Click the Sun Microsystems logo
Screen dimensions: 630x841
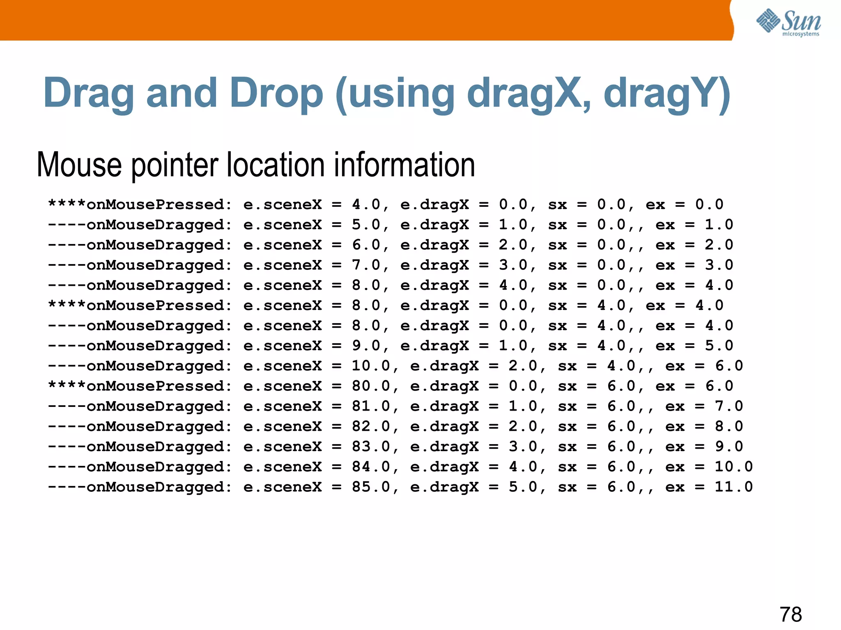[788, 23]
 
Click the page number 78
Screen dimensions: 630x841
[790, 614]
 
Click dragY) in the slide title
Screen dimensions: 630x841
[667, 94]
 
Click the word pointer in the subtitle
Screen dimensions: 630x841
[174, 166]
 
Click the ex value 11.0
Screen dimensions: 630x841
[733, 487]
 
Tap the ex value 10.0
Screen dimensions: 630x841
[733, 467]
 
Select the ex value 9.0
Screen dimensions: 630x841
[729, 447]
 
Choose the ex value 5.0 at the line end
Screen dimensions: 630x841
[719, 346]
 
